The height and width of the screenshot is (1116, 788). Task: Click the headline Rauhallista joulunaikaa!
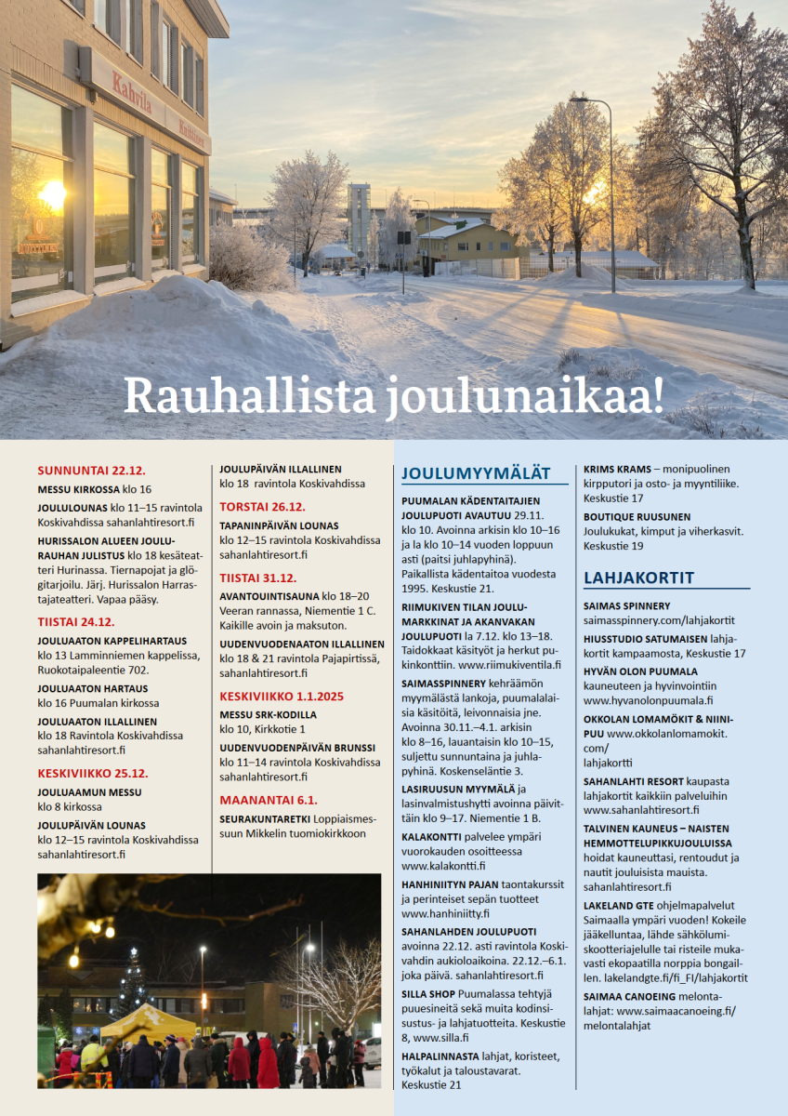pyautogui.click(x=394, y=395)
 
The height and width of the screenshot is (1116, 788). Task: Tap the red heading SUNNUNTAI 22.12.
pyautogui.click(x=91, y=470)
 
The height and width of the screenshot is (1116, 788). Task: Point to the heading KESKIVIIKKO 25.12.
pyautogui.click(x=93, y=773)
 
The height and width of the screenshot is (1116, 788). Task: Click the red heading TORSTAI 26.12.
pyautogui.click(x=262, y=507)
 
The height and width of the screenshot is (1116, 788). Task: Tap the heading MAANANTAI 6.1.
pyautogui.click(x=269, y=800)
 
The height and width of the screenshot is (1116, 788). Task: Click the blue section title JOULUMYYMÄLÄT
pyautogui.click(x=476, y=473)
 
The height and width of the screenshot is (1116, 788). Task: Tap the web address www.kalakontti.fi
pyautogui.click(x=443, y=866)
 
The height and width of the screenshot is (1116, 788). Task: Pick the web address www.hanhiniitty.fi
pyautogui.click(x=445, y=914)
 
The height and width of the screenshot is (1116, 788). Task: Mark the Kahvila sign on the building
pyautogui.click(x=132, y=95)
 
